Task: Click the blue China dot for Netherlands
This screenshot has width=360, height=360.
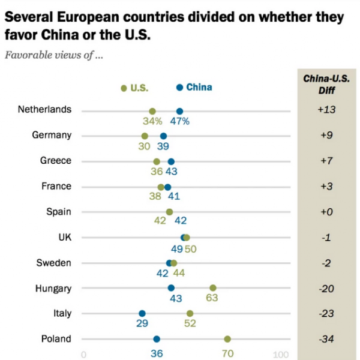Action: [179, 111]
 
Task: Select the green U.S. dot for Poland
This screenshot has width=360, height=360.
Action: [227, 339]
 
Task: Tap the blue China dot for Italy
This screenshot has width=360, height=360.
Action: [142, 313]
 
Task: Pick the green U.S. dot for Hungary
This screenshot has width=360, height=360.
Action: [213, 288]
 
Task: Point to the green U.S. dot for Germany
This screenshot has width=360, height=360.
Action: [145, 136]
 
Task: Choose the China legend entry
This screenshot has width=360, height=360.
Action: [194, 87]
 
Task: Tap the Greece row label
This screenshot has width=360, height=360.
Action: [56, 161]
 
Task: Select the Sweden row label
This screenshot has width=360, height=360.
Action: [55, 263]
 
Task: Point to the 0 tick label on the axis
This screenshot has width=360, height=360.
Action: [83, 354]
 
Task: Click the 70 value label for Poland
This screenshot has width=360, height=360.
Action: [227, 353]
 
